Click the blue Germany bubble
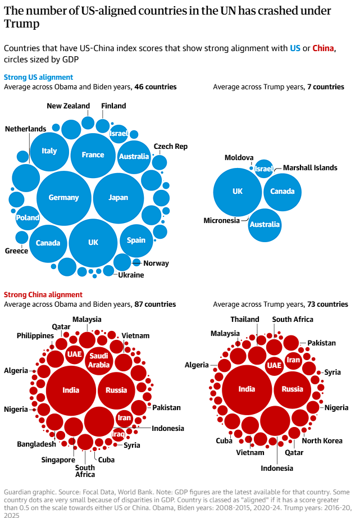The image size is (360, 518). (63, 197)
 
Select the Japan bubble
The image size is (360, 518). (119, 197)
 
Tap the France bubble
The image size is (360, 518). (93, 155)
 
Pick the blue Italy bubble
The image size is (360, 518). (49, 151)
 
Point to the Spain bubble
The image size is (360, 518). (136, 240)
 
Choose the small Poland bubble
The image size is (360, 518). (28, 217)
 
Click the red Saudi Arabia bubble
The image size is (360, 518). (99, 360)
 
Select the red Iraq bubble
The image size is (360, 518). (118, 434)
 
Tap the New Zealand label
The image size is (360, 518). (68, 106)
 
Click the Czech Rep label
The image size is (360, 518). (170, 146)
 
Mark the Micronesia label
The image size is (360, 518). (221, 220)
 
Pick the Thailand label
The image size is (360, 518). (245, 319)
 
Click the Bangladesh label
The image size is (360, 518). (37, 444)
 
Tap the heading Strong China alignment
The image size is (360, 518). (43, 294)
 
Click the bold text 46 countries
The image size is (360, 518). (156, 87)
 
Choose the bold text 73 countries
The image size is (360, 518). (327, 304)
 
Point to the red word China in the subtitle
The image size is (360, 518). (323, 48)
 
